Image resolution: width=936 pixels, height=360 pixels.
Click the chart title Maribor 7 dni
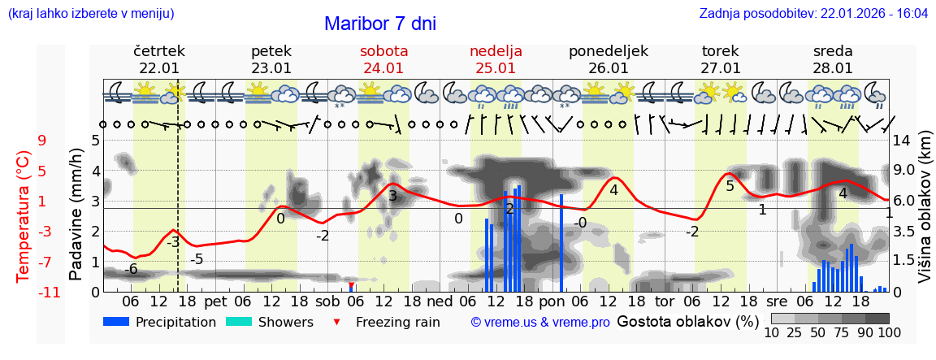click(x=379, y=24)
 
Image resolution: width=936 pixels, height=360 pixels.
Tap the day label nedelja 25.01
click(x=496, y=59)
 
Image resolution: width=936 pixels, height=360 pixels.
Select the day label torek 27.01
click(x=720, y=59)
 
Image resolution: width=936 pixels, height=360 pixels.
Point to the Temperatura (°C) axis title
click(x=23, y=215)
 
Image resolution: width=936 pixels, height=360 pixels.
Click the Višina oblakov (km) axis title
click(x=924, y=215)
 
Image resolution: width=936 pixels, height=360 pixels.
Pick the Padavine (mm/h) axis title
click(x=76, y=215)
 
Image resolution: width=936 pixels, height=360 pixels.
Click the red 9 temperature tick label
click(x=41, y=141)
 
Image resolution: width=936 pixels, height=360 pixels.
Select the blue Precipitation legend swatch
click(x=116, y=322)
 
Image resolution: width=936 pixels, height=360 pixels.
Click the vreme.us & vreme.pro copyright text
click(x=540, y=322)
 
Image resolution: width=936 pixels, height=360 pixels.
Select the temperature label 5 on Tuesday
click(x=730, y=186)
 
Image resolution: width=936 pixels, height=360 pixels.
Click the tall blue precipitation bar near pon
click(x=561, y=242)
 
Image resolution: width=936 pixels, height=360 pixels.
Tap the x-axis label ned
click(x=440, y=301)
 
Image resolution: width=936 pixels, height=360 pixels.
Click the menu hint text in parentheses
click(x=91, y=14)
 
